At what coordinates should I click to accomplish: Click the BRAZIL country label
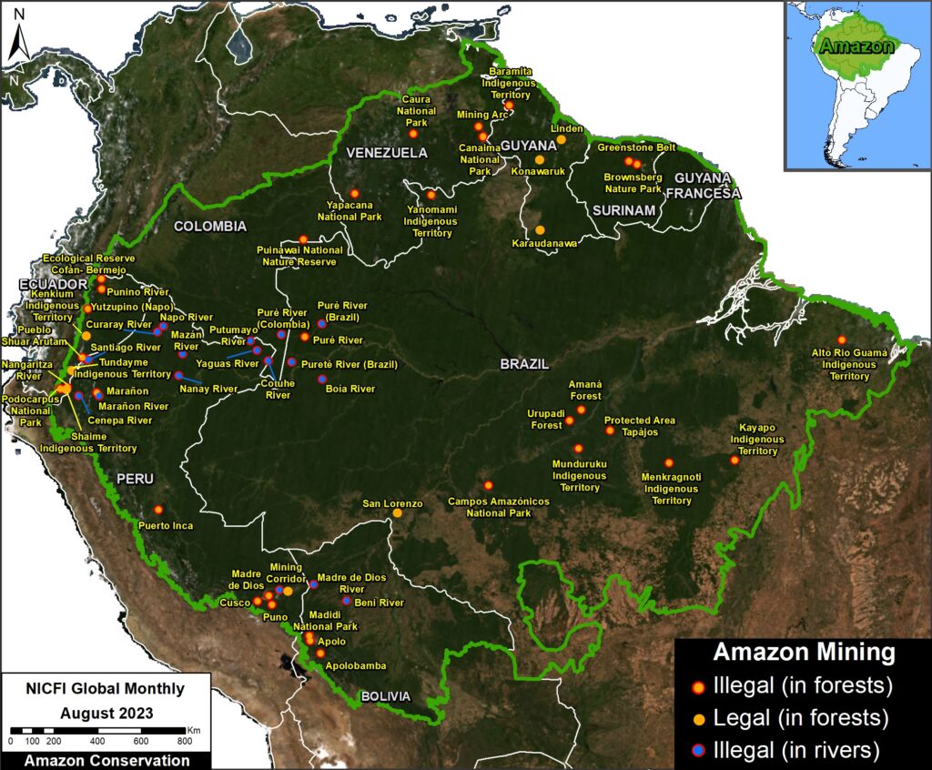(523, 363)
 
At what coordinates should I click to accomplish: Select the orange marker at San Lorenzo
(398, 513)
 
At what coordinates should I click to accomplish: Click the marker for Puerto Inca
(158, 510)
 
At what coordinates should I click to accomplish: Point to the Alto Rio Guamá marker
(842, 339)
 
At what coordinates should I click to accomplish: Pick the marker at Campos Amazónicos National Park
(488, 485)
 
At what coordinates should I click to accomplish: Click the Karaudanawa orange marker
(540, 230)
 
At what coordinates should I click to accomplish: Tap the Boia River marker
(321, 379)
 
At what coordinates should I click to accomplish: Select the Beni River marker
(346, 601)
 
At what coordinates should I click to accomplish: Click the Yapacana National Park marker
(354, 193)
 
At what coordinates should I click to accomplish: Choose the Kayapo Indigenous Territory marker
(735, 460)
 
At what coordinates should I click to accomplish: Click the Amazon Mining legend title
(804, 653)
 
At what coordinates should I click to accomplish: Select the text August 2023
(108, 712)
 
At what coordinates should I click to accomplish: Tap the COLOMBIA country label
(210, 226)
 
